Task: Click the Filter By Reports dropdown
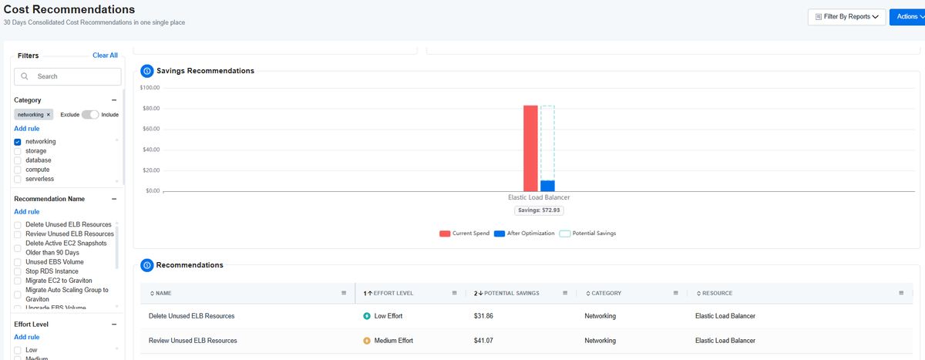tap(846, 17)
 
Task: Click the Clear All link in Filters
tap(105, 56)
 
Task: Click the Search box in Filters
tap(68, 76)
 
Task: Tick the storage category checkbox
tap(17, 151)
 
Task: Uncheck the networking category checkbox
tap(17, 142)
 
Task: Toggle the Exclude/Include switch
tap(90, 114)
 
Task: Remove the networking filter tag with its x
tap(49, 115)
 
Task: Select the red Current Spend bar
tap(530, 148)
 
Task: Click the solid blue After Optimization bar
tap(547, 186)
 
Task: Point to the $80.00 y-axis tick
tap(151, 108)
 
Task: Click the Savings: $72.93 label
tap(539, 210)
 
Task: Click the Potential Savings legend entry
tap(587, 234)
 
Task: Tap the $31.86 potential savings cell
tap(483, 316)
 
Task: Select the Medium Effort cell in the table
tap(388, 341)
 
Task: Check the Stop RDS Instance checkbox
tap(17, 271)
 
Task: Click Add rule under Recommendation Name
tap(27, 212)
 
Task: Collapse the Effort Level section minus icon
tap(114, 324)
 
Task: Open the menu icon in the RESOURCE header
tap(901, 293)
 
